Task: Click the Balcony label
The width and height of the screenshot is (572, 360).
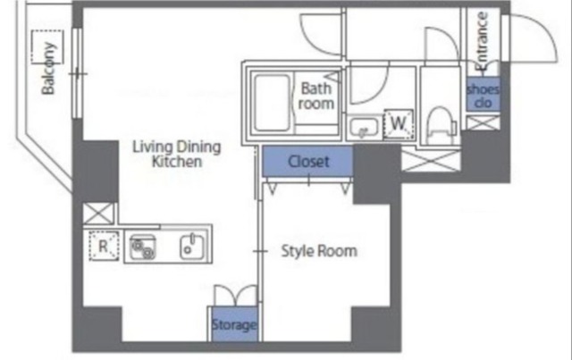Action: click(48, 68)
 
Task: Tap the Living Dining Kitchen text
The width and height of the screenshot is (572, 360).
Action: click(177, 154)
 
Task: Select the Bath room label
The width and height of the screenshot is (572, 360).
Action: click(315, 96)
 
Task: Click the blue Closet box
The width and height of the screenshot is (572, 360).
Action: click(307, 161)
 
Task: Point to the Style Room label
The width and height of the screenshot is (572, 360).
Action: click(319, 251)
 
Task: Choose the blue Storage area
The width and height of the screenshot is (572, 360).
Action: click(234, 324)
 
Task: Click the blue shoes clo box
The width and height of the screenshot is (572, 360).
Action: click(483, 94)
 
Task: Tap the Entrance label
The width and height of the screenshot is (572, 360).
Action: click(482, 41)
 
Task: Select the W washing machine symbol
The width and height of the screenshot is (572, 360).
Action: click(399, 124)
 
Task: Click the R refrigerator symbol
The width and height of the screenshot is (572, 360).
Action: click(104, 247)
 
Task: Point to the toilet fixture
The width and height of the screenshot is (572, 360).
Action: click(441, 125)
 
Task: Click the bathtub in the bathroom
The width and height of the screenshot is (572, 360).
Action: click(273, 103)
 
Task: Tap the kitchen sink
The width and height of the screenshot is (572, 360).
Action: click(191, 247)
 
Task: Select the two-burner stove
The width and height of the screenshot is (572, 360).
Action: click(143, 247)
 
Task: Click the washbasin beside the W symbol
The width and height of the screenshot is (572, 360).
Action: click(364, 127)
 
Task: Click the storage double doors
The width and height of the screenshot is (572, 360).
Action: click(236, 296)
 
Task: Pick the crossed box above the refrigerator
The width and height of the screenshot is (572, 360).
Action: click(98, 213)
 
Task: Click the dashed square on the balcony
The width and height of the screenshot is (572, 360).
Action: click(47, 46)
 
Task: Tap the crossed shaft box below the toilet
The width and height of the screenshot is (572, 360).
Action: click(431, 161)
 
